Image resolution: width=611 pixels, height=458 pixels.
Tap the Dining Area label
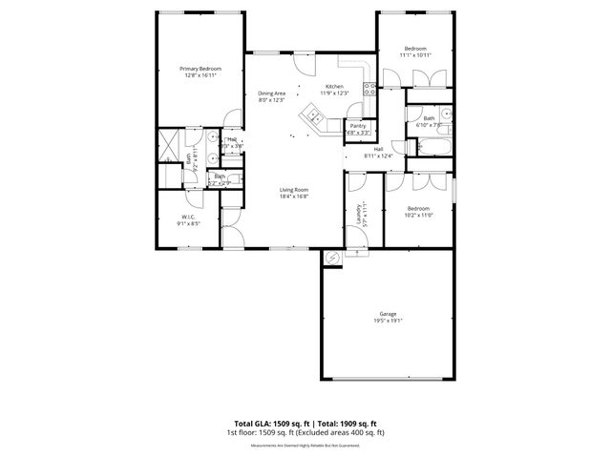click(x=272, y=93)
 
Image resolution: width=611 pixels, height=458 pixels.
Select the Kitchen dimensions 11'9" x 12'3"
click(x=333, y=93)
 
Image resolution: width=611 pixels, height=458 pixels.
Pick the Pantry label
click(x=358, y=126)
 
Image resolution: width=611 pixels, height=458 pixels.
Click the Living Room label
click(x=293, y=190)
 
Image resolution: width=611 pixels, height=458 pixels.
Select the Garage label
click(x=388, y=314)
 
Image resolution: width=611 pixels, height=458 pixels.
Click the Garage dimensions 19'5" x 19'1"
click(x=388, y=321)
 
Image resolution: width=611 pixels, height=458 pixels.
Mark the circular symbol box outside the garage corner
click(x=332, y=258)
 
